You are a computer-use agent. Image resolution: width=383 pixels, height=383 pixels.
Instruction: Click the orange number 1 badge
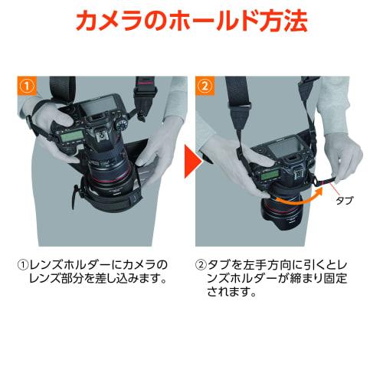tap(27, 86)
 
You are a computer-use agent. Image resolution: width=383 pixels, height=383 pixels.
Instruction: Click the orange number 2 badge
tap(205, 86)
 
